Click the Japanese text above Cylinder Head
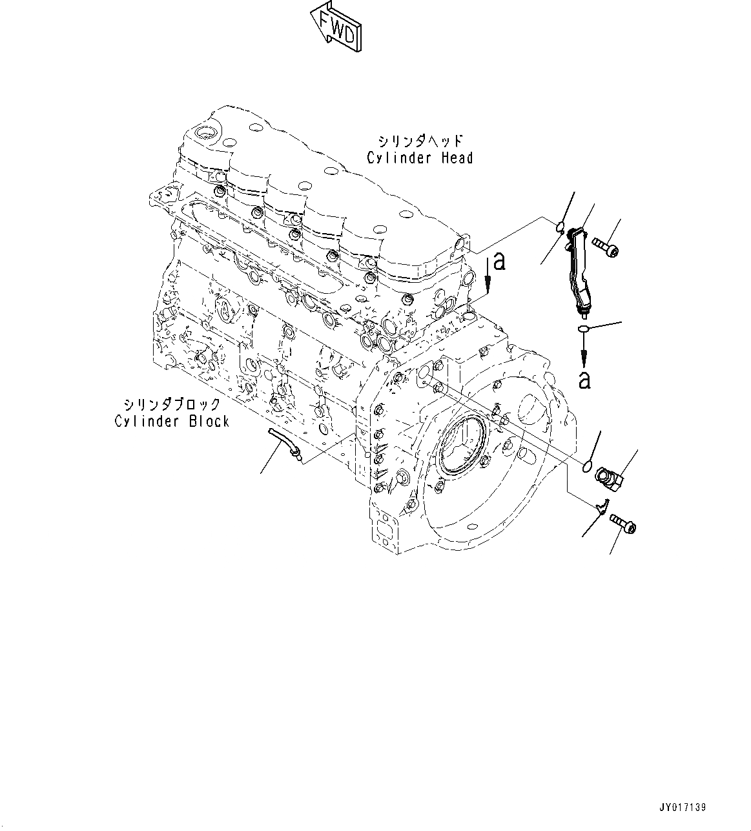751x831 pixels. click(x=420, y=140)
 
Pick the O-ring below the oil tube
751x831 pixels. click(x=584, y=330)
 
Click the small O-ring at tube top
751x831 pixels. click(x=561, y=226)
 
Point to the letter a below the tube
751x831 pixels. click(x=584, y=380)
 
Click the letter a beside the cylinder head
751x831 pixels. click(x=498, y=261)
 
